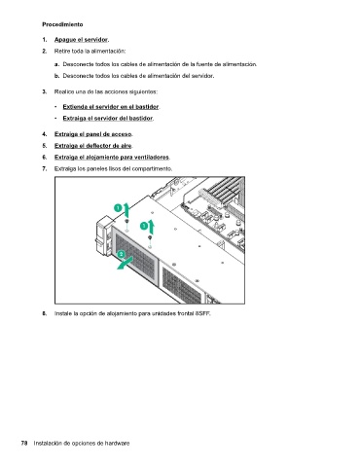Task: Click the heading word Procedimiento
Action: coord(62,24)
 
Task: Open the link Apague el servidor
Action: coord(81,40)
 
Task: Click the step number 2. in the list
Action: coord(45,52)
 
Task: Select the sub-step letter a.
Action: coord(57,64)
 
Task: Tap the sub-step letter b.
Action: coord(57,76)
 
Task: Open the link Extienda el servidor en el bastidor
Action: coord(111,107)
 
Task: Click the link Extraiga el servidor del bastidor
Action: coord(108,119)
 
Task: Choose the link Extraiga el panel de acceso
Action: coord(93,134)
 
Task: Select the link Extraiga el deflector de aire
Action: coord(93,146)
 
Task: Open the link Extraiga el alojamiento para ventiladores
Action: coord(112,158)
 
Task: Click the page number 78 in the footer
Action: coord(24,443)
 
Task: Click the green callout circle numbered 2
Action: coord(122,254)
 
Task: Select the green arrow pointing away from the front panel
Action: coord(125,263)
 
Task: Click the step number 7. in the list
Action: coord(45,169)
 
